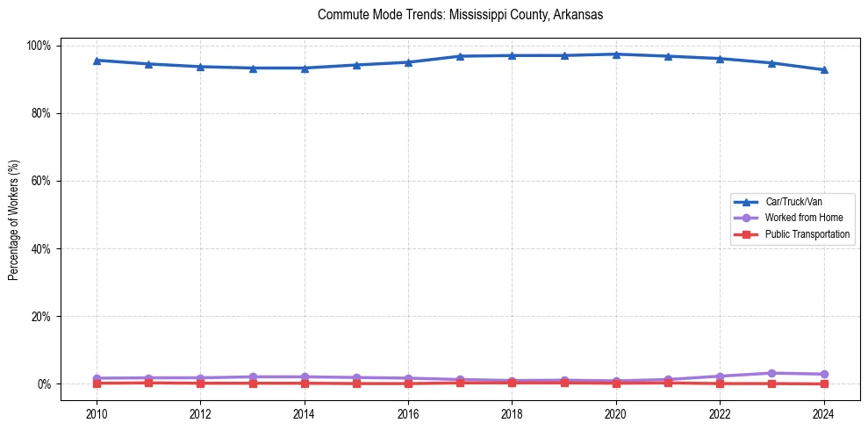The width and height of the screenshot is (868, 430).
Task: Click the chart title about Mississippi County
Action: coord(460,15)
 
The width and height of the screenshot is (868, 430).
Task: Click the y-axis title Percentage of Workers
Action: coord(14,214)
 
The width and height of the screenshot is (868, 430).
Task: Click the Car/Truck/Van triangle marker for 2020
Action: coord(616,54)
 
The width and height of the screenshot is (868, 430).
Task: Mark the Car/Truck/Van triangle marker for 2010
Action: coord(97,61)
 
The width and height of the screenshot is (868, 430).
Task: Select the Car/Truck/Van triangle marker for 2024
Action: coord(823,70)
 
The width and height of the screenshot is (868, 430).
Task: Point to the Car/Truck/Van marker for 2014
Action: coord(305,68)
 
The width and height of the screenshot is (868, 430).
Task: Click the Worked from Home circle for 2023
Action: coord(771,373)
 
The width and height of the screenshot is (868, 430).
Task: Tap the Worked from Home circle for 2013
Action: coord(253,376)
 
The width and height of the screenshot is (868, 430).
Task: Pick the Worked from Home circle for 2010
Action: coord(97,378)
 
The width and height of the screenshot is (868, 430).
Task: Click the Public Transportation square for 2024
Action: coord(823,383)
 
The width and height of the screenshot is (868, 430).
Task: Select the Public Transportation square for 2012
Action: coord(201,383)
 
